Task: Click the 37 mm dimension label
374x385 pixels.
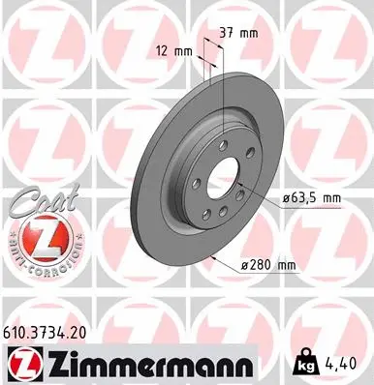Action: [237, 33]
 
